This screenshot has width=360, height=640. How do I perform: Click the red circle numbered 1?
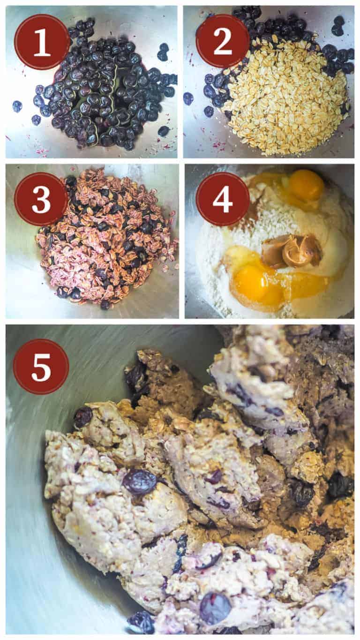coord(42,42)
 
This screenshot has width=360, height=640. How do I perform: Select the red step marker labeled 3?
coord(41,199)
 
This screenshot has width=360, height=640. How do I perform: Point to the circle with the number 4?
coord(222,199)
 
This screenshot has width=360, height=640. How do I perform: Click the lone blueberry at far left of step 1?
coord(17,106)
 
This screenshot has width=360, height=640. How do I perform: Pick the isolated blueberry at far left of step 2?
coord(188,98)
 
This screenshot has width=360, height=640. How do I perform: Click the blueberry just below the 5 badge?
coord(83,416)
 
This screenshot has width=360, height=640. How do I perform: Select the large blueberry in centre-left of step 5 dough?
coord(139,482)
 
